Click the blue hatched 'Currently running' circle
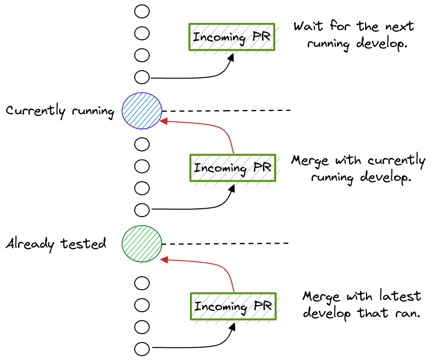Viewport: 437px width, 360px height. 141,110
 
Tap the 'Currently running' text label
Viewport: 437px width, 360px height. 60,111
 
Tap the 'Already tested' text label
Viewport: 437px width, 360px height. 56,243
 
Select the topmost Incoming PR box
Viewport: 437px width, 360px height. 232,37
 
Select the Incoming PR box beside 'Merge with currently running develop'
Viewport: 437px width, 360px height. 233,168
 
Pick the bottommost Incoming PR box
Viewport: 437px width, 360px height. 233,306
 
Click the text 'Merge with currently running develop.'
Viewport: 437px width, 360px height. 359,168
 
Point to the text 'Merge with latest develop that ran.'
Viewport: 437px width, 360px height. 361,304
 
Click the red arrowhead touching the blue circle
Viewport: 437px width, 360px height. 164,121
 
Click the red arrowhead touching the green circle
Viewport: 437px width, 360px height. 164,260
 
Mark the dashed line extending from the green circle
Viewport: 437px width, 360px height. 225,243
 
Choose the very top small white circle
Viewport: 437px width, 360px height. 142,11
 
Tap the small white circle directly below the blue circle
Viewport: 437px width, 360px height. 141,144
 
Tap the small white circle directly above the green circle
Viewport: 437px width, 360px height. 142,210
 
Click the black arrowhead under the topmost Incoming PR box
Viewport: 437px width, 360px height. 232,57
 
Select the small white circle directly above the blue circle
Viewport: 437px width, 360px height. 142,77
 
